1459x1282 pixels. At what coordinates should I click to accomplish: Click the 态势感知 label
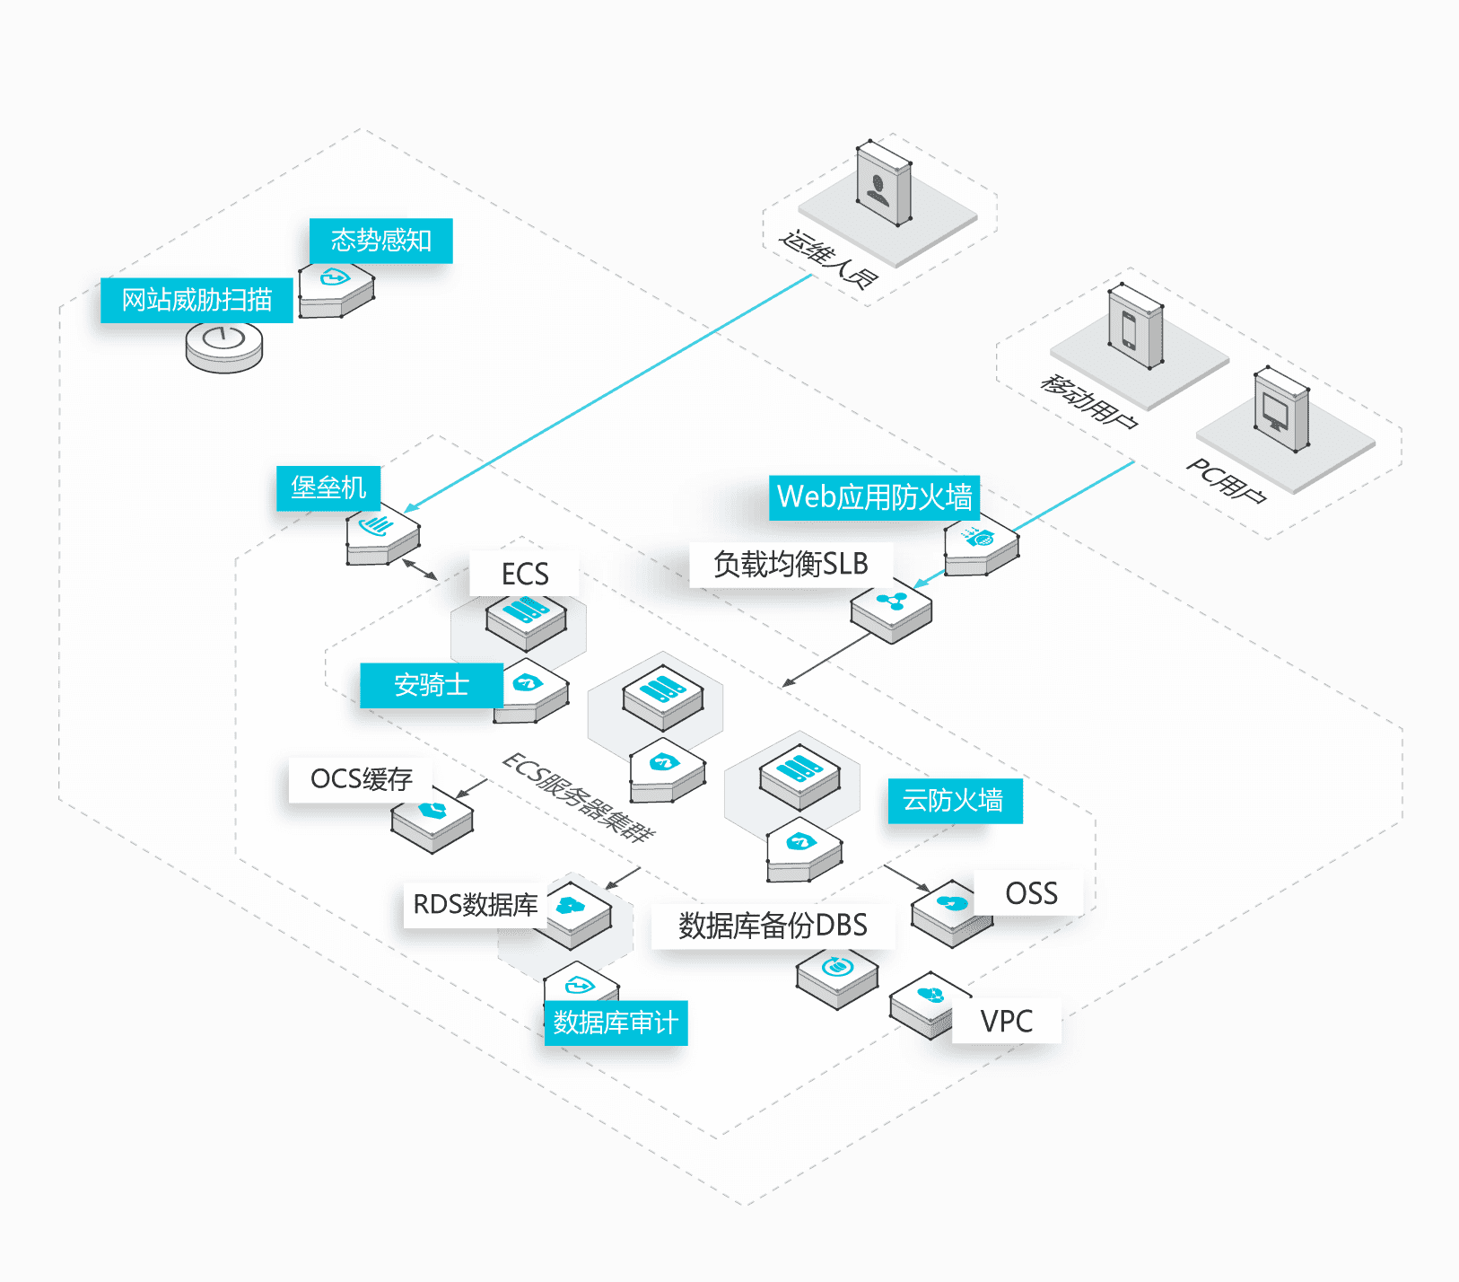pyautogui.click(x=380, y=241)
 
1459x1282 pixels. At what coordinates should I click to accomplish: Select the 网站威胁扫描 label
pyautogui.click(x=197, y=300)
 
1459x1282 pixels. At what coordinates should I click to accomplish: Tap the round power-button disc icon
pyautogui.click(x=224, y=346)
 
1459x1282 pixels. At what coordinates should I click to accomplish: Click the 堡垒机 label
pyautogui.click(x=328, y=487)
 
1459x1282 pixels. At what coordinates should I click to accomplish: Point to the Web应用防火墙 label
pyautogui.click(x=874, y=497)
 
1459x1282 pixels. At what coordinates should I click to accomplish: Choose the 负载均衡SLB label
pyautogui.click(x=791, y=565)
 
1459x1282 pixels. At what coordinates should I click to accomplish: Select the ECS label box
pyautogui.click(x=524, y=574)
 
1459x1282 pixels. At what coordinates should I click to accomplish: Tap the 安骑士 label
pyautogui.click(x=432, y=685)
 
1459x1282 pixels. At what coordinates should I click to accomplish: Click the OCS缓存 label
pyautogui.click(x=361, y=779)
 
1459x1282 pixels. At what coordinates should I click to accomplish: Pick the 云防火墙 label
pyautogui.click(x=955, y=801)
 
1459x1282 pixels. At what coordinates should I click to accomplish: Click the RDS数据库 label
pyautogui.click(x=476, y=905)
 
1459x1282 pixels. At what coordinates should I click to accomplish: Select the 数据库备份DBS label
pyautogui.click(x=773, y=926)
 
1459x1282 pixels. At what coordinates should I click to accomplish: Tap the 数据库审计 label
pyautogui.click(x=616, y=1023)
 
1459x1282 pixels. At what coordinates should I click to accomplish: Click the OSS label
pyautogui.click(x=1031, y=893)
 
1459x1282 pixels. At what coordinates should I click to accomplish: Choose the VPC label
pyautogui.click(x=1006, y=1021)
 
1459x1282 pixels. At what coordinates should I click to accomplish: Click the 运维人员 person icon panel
pyautogui.click(x=884, y=183)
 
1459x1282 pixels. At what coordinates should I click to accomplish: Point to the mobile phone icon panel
pyautogui.click(x=1136, y=326)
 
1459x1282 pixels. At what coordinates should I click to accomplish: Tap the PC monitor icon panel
pyautogui.click(x=1280, y=410)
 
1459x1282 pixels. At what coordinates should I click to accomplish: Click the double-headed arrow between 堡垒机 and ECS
pyautogui.click(x=420, y=570)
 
